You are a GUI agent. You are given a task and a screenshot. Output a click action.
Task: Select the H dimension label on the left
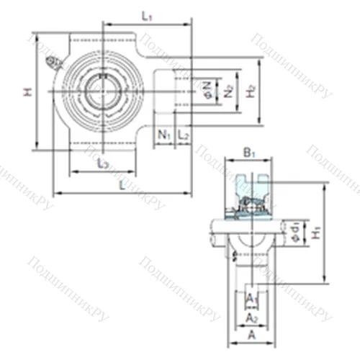pos(27,91)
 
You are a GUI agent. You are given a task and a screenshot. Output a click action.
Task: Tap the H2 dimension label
pos(251,91)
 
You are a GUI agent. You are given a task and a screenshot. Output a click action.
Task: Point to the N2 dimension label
pos(228,91)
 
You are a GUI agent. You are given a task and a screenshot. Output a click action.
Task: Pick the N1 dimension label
pos(164,135)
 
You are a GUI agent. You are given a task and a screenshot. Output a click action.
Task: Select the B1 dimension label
pos(249,153)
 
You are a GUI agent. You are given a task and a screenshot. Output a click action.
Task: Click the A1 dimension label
pos(251,297)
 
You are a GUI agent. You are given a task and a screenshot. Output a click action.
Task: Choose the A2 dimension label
pos(251,317)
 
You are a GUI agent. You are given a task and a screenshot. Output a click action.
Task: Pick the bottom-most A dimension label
pos(251,336)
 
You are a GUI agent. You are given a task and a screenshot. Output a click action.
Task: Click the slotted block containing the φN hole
pos(180,91)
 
